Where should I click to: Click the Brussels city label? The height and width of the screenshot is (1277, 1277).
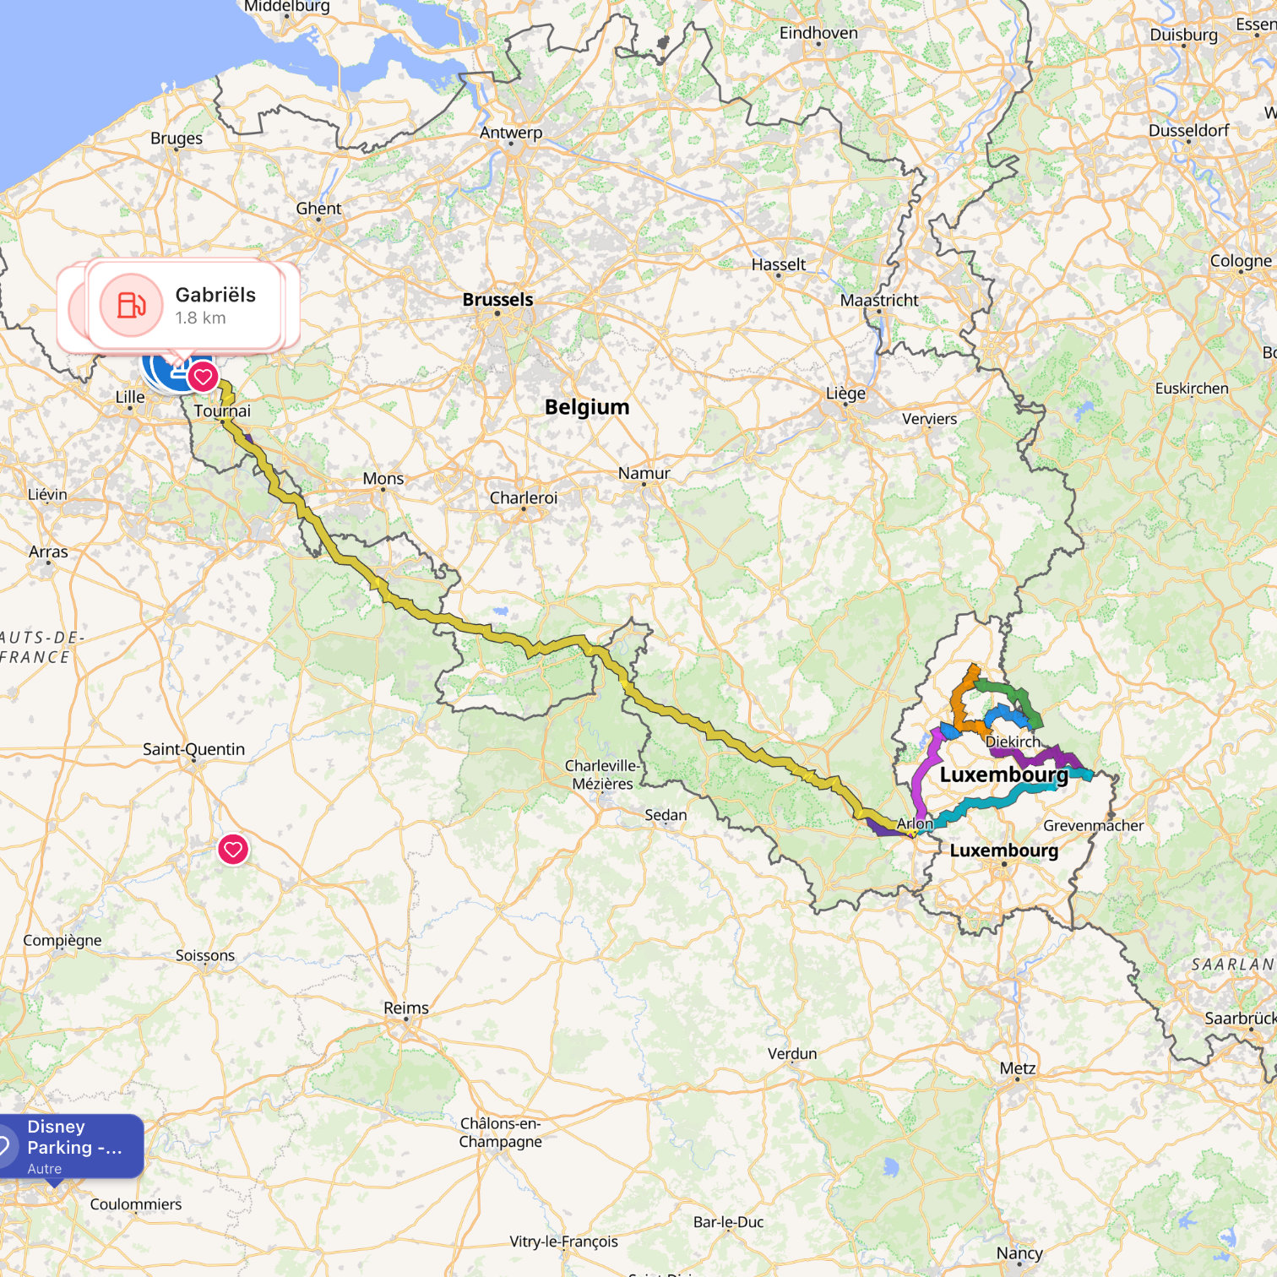click(497, 300)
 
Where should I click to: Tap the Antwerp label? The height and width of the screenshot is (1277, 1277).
click(511, 133)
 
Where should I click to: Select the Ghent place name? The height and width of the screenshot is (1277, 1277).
click(318, 209)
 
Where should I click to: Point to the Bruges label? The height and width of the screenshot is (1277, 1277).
click(177, 139)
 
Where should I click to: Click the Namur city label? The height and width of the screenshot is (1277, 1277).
click(644, 474)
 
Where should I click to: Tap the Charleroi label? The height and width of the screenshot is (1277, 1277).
click(524, 498)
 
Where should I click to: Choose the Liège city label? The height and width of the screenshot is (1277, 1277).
click(845, 394)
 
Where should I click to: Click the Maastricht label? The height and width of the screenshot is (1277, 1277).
click(879, 301)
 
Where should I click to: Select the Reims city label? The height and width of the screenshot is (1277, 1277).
click(406, 1008)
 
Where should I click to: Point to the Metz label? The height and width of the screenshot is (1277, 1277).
click(1017, 1068)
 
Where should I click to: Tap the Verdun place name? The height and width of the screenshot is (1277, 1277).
click(792, 1054)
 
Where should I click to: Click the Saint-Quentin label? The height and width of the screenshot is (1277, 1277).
click(193, 749)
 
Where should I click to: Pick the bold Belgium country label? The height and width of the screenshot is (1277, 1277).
click(587, 407)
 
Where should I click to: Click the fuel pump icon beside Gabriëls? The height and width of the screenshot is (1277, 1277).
click(131, 305)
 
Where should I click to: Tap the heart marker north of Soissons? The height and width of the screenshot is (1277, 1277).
click(233, 849)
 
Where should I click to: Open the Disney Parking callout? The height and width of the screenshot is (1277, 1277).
click(72, 1146)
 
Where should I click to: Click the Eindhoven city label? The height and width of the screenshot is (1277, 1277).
click(818, 33)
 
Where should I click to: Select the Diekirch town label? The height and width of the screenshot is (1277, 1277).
click(1013, 742)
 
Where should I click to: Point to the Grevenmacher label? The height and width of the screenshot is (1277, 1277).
click(1093, 826)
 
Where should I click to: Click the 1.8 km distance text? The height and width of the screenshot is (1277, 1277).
click(200, 318)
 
